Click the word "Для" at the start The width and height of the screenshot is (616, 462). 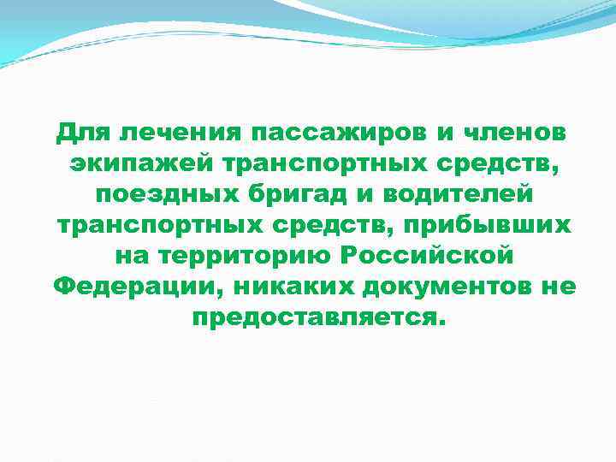tap(82, 133)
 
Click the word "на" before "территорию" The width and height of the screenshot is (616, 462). tap(129, 255)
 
